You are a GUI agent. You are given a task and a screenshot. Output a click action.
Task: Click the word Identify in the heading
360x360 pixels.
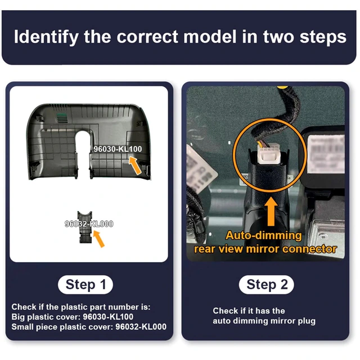(46, 37)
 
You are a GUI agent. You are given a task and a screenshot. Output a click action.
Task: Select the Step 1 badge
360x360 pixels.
(85, 285)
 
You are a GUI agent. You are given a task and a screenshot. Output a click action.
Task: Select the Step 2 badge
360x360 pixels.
(267, 285)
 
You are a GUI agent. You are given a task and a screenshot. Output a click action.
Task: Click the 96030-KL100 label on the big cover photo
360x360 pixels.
(118, 149)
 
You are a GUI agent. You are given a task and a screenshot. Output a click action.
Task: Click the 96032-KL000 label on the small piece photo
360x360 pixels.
(89, 224)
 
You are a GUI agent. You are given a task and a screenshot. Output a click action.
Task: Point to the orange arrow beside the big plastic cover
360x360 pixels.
(135, 165)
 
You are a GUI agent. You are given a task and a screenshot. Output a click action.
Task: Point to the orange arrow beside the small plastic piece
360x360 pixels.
(99, 238)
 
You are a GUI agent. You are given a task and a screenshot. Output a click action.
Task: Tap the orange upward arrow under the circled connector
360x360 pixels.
(271, 211)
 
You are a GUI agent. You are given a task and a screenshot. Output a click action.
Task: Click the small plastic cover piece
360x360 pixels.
(85, 227)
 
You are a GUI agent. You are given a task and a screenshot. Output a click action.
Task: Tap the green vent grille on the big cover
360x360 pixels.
(62, 117)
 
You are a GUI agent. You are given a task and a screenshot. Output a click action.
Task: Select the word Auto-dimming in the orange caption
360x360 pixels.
(264, 236)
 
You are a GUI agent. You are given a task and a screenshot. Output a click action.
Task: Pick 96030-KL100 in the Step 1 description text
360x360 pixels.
(108, 317)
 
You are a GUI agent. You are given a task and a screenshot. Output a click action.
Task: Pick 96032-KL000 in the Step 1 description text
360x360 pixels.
(141, 327)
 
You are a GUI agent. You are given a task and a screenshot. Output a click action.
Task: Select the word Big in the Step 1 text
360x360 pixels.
(17, 317)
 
